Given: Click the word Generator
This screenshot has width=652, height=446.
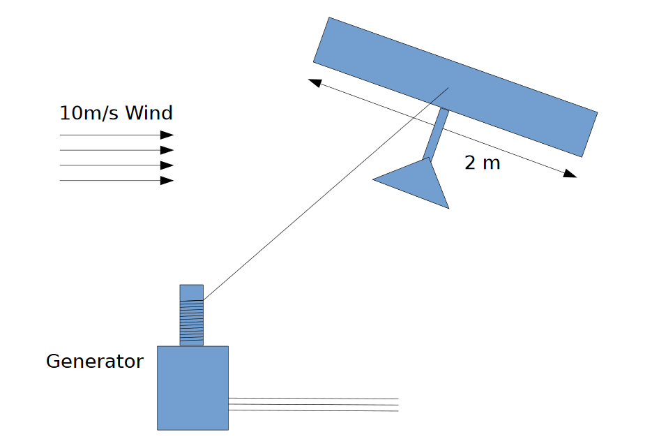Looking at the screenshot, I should [94, 362].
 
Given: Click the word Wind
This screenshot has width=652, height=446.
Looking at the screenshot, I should [149, 113].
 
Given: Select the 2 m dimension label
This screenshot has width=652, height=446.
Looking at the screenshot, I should [482, 163].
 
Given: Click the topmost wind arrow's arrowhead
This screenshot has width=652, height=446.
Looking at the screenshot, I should [167, 135].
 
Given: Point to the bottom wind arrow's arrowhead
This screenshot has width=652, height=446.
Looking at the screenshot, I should [167, 181].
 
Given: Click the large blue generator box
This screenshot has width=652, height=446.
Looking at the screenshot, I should [192, 387].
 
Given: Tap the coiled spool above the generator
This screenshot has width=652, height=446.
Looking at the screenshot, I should [192, 322].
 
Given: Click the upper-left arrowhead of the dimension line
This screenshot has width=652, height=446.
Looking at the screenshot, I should [314, 82].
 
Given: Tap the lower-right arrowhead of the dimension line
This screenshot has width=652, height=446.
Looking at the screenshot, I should [570, 174].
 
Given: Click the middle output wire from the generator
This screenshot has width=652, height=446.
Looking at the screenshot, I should [314, 404].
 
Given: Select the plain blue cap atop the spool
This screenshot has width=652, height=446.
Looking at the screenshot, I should [192, 292].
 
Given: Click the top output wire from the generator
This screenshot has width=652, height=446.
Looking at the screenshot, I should [314, 399].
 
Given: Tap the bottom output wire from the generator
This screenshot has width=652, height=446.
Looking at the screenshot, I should [314, 410].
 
